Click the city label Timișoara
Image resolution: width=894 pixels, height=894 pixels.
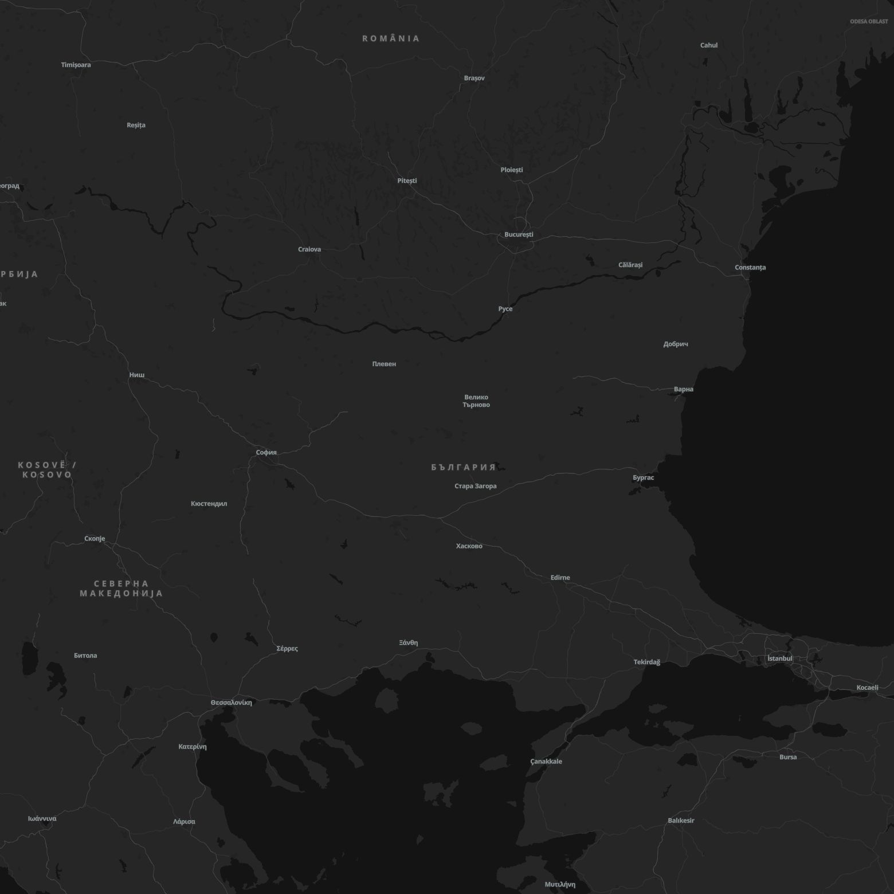point(76,65)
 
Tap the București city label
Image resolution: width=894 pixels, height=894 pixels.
point(519,234)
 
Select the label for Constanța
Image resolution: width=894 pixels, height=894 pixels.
point(750,268)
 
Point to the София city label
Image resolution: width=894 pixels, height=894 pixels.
point(266,453)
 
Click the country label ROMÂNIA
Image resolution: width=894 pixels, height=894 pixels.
point(391,38)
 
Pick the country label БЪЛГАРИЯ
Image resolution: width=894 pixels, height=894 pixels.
point(463,468)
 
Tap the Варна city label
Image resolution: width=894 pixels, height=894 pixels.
point(683,389)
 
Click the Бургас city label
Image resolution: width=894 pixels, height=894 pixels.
point(643,477)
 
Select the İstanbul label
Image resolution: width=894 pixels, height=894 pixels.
point(779,658)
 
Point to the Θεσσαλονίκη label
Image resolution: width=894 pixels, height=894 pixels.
point(231,703)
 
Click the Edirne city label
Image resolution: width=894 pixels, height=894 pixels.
point(560,578)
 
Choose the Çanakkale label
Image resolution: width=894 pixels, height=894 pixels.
point(546,762)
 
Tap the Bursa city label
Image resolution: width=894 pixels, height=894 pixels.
point(788,757)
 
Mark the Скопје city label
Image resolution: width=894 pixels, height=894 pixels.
point(95,539)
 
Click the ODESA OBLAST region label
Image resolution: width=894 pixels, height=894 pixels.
point(869,22)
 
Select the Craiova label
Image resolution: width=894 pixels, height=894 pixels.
point(309,249)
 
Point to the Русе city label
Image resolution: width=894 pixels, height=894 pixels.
point(505,309)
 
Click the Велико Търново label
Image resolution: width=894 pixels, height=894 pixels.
point(476,401)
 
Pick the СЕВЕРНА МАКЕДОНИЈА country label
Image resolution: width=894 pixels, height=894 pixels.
point(121,589)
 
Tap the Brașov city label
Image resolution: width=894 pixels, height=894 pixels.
point(474,78)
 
